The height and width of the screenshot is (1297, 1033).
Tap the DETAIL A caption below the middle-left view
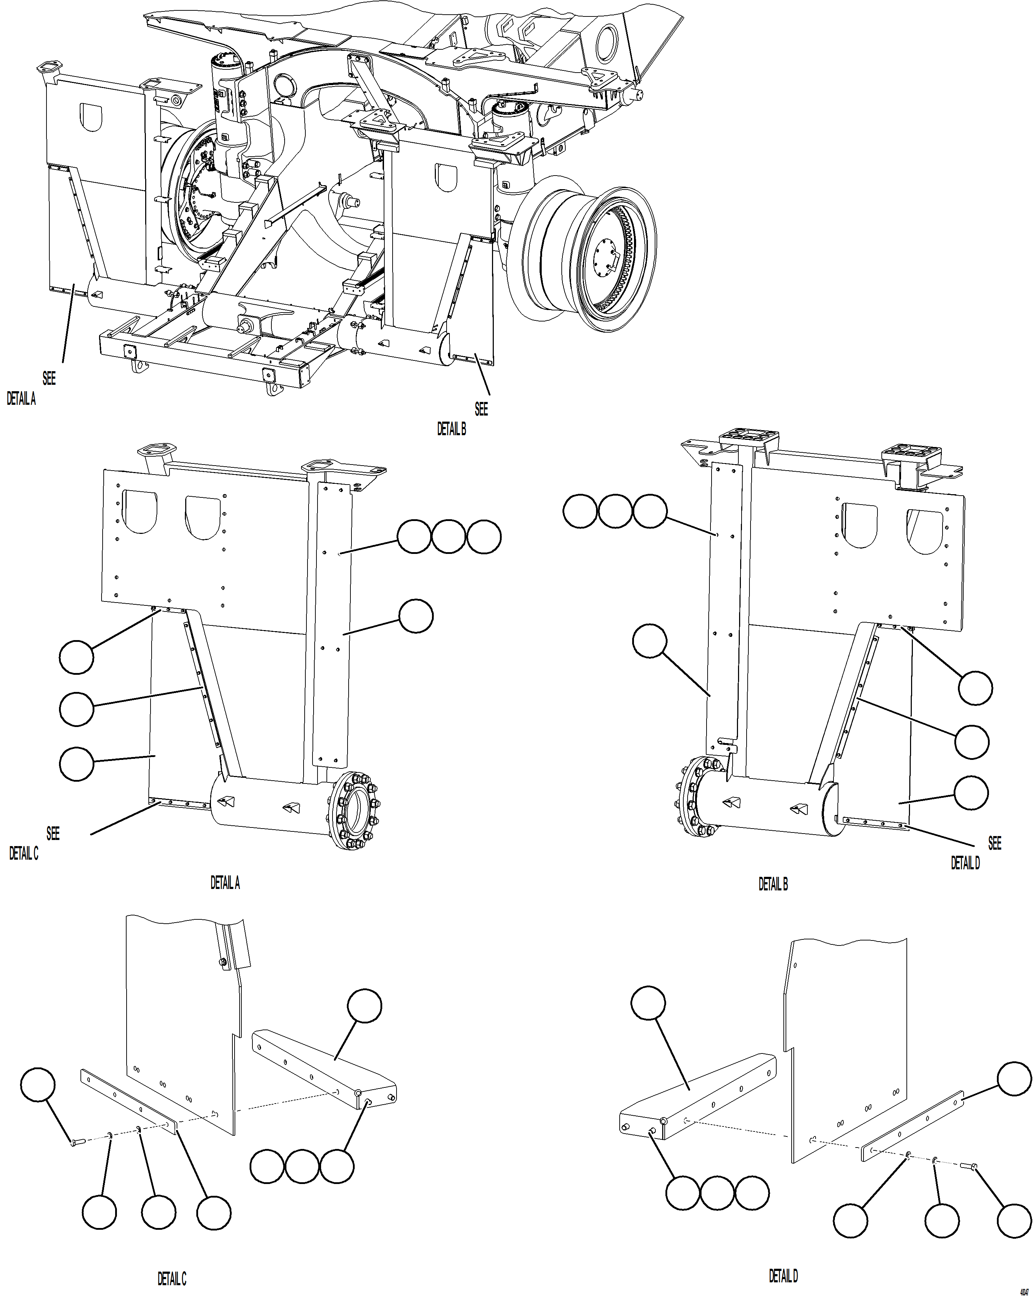pos(225,883)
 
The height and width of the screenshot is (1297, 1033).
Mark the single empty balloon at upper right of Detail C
pos(365,1006)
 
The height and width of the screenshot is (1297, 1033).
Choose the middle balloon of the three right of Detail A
pos(449,537)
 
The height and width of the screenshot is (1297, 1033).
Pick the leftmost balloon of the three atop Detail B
pos(580,511)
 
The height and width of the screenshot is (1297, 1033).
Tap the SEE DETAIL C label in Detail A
pos(33,844)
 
